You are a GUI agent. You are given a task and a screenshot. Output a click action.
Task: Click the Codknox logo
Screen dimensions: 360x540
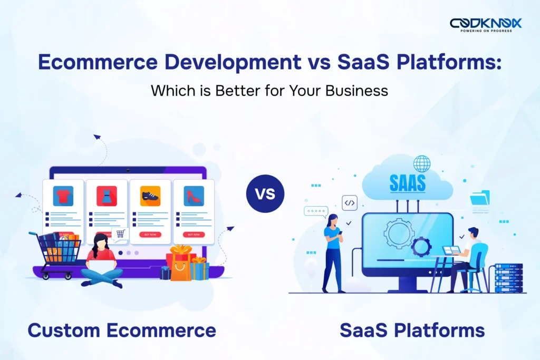(x=485, y=24)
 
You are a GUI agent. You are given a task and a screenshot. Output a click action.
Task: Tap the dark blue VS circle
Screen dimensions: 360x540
(x=265, y=193)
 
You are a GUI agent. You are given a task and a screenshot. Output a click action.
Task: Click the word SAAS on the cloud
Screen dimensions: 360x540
(x=407, y=183)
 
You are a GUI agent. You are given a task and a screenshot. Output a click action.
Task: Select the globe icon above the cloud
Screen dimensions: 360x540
(x=422, y=163)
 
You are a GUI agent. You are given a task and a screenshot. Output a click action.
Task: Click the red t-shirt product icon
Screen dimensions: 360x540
(x=63, y=196)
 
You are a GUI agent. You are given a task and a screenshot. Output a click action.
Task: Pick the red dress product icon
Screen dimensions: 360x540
(x=106, y=196)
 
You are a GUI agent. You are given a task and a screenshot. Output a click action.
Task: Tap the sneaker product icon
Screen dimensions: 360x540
(x=150, y=196)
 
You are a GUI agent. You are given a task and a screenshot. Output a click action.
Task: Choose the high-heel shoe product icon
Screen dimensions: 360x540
(x=194, y=196)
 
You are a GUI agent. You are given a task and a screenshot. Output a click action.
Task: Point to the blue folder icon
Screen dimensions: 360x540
(x=480, y=198)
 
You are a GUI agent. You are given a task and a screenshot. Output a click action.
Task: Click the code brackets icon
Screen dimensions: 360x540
(x=350, y=202)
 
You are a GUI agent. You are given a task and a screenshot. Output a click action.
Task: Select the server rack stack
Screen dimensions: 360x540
(x=508, y=278)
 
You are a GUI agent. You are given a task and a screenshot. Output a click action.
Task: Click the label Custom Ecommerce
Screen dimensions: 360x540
(x=122, y=330)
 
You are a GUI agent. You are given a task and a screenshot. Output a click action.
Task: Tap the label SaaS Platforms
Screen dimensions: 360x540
(x=412, y=330)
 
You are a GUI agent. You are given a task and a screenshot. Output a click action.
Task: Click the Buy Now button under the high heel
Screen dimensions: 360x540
(x=194, y=234)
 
